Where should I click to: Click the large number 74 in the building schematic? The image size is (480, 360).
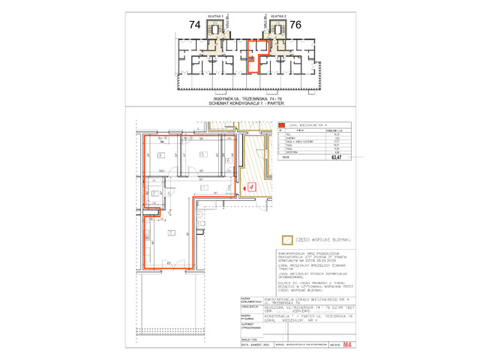point(195,25)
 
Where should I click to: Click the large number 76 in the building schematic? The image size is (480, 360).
point(295,25)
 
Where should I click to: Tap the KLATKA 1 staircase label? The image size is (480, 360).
point(217,15)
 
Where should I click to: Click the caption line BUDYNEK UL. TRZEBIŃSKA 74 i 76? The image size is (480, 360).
point(247,98)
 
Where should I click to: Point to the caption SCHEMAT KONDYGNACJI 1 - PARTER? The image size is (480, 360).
point(247,103)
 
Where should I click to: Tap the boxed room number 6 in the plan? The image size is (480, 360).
point(227,161)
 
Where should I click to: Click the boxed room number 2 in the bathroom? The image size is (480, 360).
point(153,194)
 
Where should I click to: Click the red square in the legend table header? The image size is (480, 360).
point(283,125)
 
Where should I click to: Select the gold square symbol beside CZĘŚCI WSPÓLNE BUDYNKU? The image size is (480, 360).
point(285,240)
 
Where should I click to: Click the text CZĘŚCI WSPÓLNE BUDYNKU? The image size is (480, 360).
point(325,240)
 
